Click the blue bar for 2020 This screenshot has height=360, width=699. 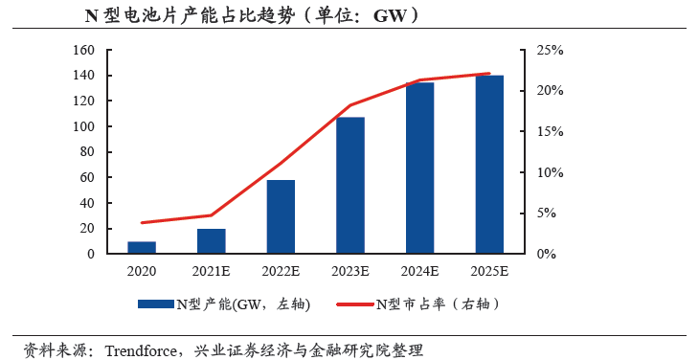point(142,248)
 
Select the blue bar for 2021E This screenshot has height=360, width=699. point(211,241)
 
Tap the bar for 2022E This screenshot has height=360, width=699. point(281,217)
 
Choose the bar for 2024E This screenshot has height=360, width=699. point(420,169)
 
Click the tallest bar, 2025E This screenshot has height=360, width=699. point(490,165)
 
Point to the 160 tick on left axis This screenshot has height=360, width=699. point(83,50)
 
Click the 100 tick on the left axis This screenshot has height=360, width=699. point(83,126)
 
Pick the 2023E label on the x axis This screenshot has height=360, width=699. point(350,272)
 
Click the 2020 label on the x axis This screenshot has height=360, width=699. point(142,272)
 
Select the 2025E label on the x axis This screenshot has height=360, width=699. point(490,272)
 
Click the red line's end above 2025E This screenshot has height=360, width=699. point(490,74)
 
